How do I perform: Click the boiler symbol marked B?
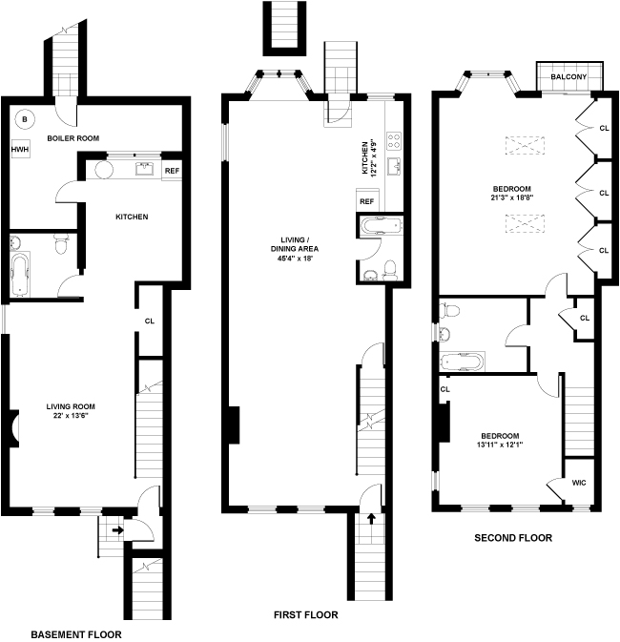[25, 119]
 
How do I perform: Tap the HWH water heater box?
[20, 150]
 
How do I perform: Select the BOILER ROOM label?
[72, 138]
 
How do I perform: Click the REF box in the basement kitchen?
[172, 171]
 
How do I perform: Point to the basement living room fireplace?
[13, 428]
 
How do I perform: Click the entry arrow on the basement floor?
[118, 530]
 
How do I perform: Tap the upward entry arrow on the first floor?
[371, 519]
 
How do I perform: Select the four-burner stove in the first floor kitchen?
[394, 141]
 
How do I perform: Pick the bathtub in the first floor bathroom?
[381, 226]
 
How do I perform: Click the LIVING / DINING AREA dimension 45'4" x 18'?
[295, 259]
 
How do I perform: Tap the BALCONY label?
[568, 76]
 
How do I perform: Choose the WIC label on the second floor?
[579, 483]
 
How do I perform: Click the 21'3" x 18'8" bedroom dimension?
[512, 197]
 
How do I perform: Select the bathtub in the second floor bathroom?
[462, 362]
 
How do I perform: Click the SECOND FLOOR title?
[513, 538]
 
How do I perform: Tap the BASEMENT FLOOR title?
[76, 634]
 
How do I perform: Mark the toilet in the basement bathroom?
[61, 244]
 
